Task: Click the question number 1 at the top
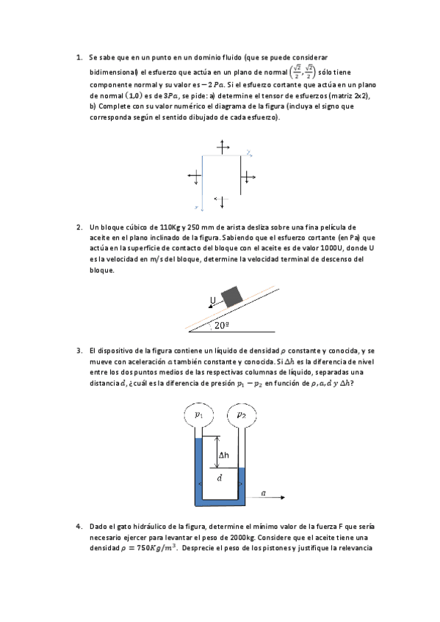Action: coord(79,57)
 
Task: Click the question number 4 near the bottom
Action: coord(79,527)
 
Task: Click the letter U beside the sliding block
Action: coord(212,300)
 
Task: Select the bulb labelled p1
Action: coord(198,415)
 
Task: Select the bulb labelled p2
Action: coord(240,415)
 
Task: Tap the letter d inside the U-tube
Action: coord(219,478)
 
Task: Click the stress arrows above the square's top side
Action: coord(223,147)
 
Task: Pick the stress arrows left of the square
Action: coord(195,176)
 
